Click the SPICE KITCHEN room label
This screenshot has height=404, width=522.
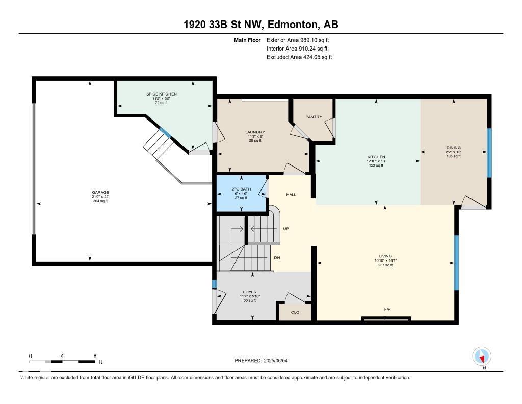click(x=162, y=94)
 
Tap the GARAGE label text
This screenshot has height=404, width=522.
click(x=100, y=193)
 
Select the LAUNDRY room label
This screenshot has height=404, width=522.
click(x=255, y=132)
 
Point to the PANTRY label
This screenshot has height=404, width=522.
click(x=314, y=117)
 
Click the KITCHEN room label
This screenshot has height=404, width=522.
click(x=376, y=157)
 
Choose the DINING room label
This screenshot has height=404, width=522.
click(x=453, y=148)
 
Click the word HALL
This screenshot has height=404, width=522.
click(x=291, y=195)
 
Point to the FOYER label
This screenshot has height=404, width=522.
click(x=250, y=292)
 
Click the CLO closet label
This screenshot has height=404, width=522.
click(x=295, y=312)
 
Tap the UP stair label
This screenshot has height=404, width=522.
click(x=286, y=229)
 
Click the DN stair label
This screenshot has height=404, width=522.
click(x=277, y=258)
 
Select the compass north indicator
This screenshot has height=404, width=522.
click(x=482, y=357)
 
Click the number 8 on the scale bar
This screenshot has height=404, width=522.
click(x=95, y=355)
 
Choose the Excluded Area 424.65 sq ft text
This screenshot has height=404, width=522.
click(x=299, y=57)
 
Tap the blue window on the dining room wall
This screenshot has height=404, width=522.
click(x=489, y=152)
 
